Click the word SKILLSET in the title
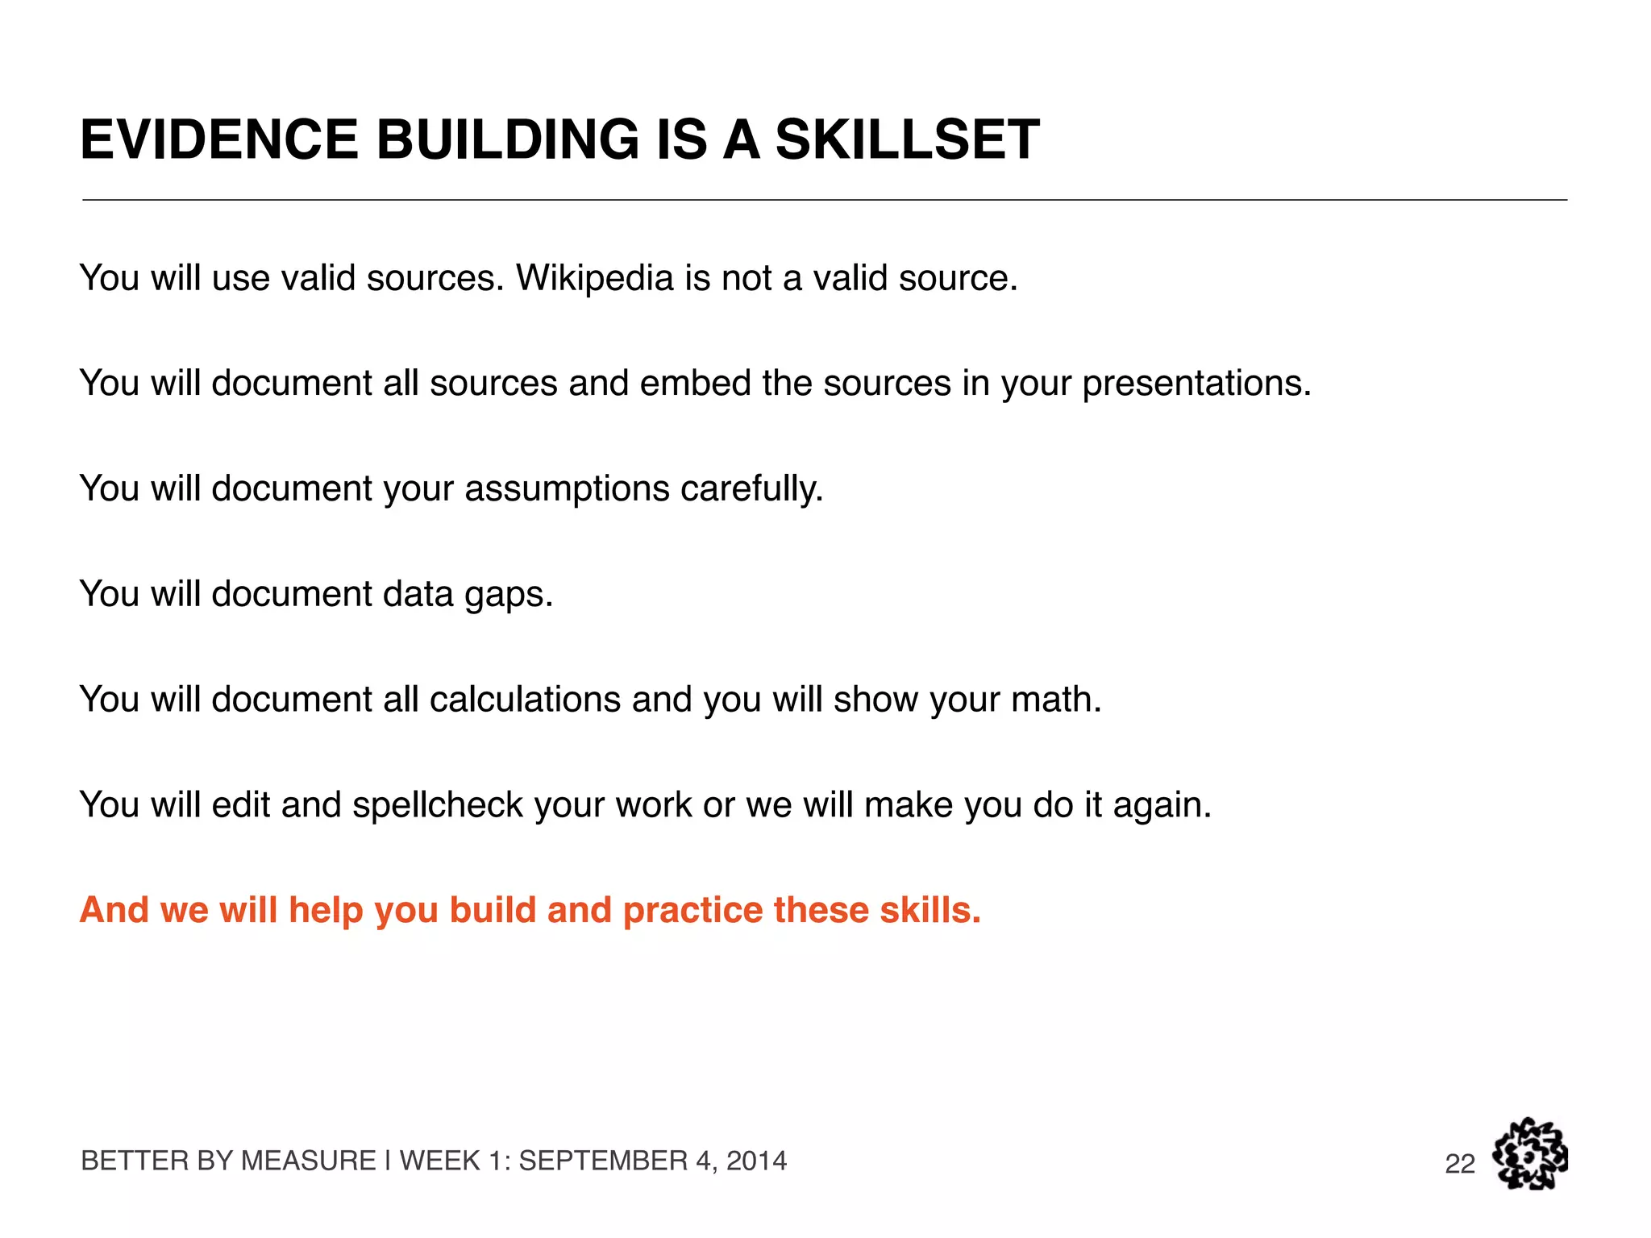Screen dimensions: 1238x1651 pos(907,139)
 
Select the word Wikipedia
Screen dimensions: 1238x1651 pos(594,278)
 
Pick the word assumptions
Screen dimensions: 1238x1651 pos(567,489)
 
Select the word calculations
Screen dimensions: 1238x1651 pos(525,700)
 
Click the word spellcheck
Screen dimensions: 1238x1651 pos(438,805)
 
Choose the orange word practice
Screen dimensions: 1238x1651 pos(692,911)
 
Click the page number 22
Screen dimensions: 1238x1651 pos(1460,1164)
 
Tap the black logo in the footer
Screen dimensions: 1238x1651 pos(1529,1153)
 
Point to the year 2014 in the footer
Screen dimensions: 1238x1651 pos(756,1161)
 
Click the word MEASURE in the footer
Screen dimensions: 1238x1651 pos(309,1161)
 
